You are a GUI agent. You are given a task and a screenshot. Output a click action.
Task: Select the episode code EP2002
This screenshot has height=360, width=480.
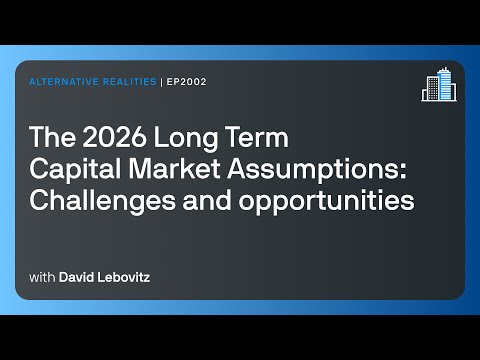point(185,83)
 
